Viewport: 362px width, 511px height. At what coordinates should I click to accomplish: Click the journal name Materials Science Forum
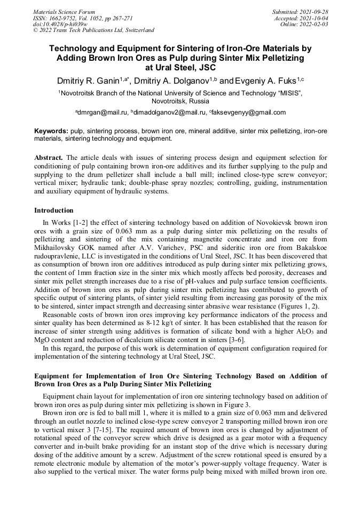point(64,12)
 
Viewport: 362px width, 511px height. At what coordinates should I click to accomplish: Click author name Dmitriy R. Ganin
point(87,81)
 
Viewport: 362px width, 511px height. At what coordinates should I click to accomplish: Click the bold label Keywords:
point(51,131)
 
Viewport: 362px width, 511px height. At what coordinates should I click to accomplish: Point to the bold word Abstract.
point(49,158)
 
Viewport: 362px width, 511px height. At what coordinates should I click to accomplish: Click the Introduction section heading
point(54,210)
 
